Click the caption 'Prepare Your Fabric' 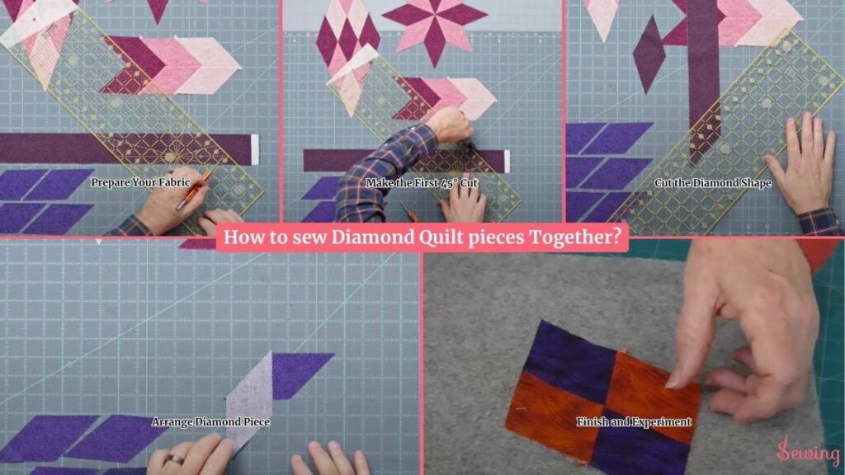click(140, 182)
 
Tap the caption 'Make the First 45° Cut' click(422, 183)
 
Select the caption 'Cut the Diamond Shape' click(712, 183)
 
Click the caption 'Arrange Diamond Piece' click(210, 421)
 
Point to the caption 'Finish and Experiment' click(633, 421)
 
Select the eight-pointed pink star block click(434, 27)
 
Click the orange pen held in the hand click(193, 190)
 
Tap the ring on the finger click(175, 459)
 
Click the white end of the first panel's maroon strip click(255, 149)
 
